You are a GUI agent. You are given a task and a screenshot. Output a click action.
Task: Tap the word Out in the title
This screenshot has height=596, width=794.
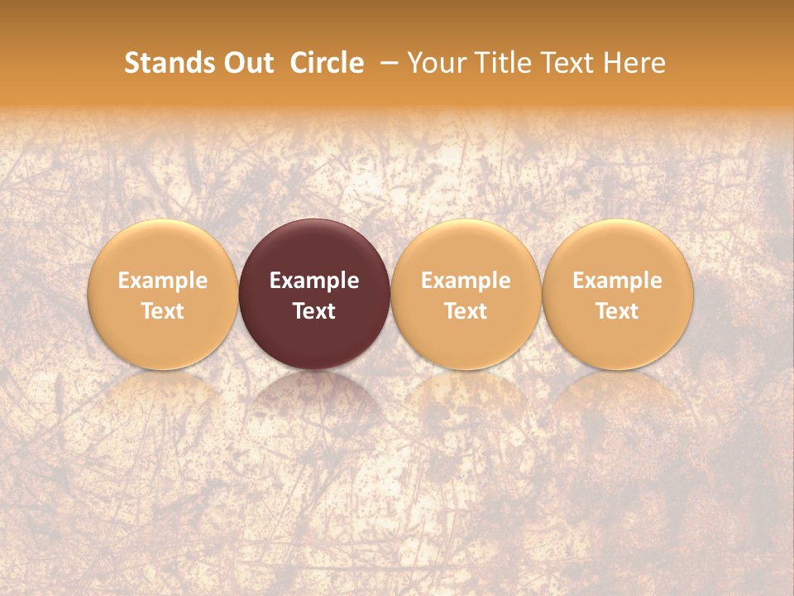pos(246,63)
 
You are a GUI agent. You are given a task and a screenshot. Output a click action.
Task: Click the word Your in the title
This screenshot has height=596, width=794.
pos(434,63)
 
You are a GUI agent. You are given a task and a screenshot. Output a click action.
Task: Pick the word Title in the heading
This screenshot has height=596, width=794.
pos(496,63)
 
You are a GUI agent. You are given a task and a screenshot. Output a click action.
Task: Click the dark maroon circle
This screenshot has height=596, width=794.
pos(314,294)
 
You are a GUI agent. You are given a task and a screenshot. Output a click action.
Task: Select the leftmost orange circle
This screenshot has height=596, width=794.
pos(163,294)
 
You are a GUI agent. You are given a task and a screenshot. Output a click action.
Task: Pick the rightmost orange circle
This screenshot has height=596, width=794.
pos(618,294)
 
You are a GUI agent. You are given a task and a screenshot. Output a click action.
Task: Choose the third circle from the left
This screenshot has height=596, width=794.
pos(466,294)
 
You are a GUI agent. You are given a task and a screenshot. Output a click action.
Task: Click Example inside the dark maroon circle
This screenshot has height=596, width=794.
pos(314,281)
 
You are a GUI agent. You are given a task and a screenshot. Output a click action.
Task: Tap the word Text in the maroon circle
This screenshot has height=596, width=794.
pos(314,311)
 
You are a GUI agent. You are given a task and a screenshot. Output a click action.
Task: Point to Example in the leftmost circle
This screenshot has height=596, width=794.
pos(163,281)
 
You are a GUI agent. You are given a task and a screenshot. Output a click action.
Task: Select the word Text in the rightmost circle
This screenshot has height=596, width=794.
pos(618,311)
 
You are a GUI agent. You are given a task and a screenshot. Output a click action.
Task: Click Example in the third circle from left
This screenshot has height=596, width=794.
pos(466,281)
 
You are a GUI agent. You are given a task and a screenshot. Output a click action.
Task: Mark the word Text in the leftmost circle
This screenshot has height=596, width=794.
pos(163,311)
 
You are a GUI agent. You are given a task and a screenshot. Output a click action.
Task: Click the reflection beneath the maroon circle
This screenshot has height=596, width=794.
pos(314,397)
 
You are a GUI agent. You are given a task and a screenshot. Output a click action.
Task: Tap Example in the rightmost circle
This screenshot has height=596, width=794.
pos(618,281)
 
